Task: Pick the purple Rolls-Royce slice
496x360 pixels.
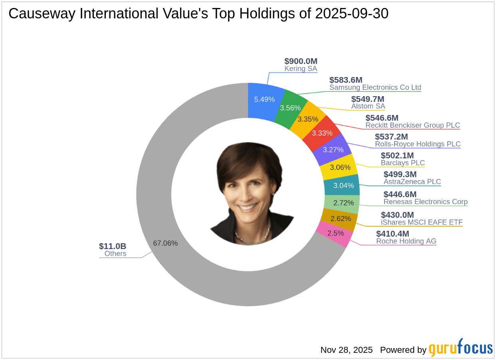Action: pyautogui.click(x=333, y=150)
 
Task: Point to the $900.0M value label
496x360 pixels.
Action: pyautogui.click(x=301, y=61)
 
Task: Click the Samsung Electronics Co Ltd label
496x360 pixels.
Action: pyautogui.click(x=375, y=87)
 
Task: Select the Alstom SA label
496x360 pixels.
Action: pyautogui.click(x=368, y=106)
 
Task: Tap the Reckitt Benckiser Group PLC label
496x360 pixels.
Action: pyautogui.click(x=413, y=125)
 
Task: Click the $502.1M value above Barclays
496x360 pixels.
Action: pyautogui.click(x=397, y=155)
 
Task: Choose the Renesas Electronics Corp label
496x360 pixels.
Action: pyautogui.click(x=425, y=202)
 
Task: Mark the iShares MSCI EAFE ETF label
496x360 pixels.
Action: pyautogui.click(x=422, y=222)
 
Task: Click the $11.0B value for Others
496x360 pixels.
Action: pyautogui.click(x=113, y=246)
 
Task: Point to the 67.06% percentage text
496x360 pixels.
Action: pyautogui.click(x=165, y=243)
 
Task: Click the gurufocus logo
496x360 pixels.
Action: pyautogui.click(x=460, y=349)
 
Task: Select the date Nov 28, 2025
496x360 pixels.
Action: pyautogui.click(x=346, y=350)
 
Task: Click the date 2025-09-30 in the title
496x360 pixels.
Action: pyautogui.click(x=351, y=14)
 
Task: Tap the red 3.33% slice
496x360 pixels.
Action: pyautogui.click(x=322, y=133)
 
